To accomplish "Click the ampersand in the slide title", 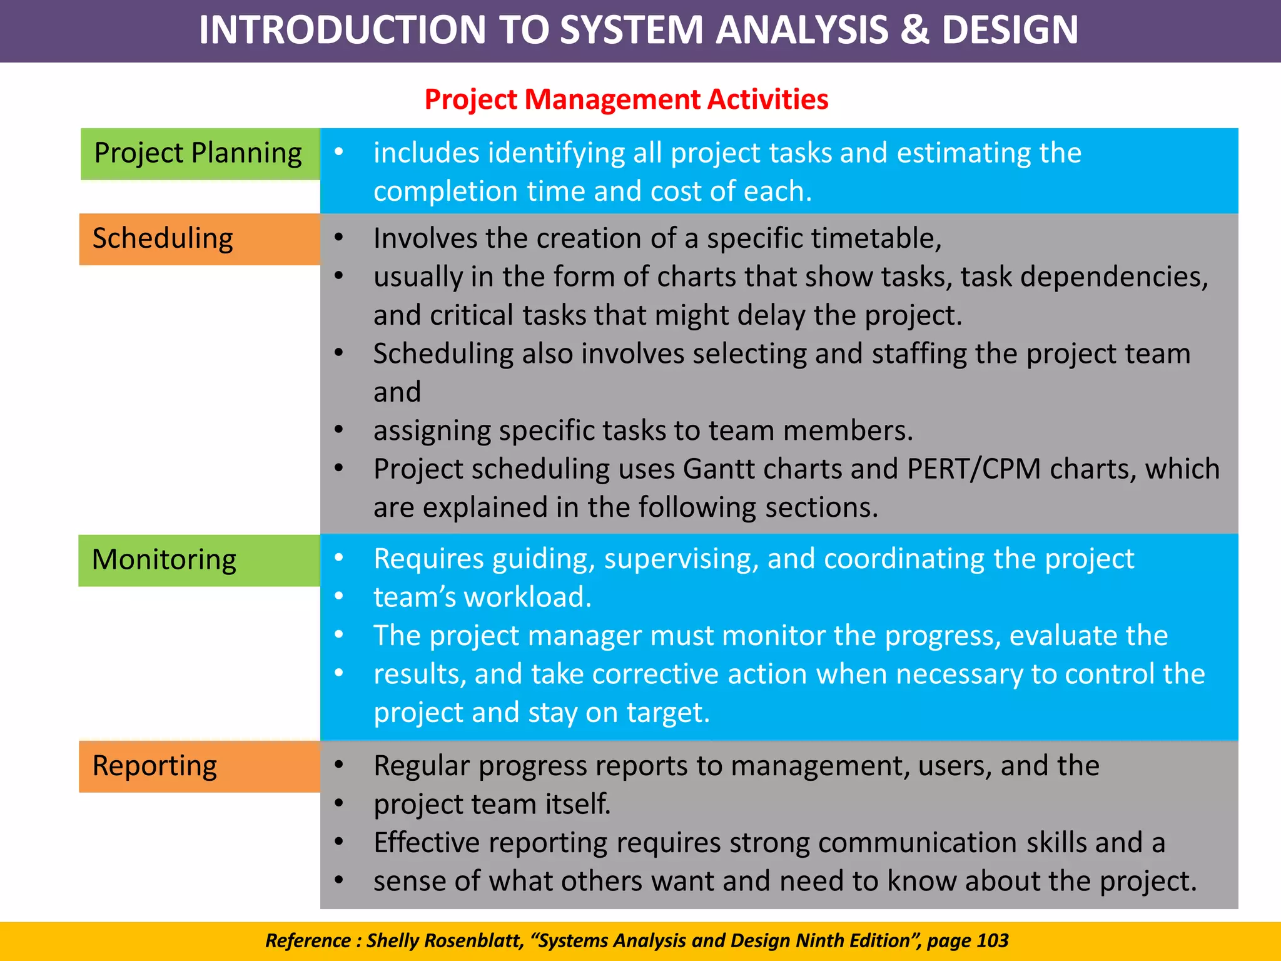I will (x=914, y=30).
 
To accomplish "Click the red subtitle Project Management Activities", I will (x=626, y=99).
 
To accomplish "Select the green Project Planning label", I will (x=200, y=154).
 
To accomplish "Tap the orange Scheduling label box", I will (x=200, y=239).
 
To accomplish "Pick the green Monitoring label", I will (x=199, y=560).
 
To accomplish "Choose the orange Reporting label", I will (x=199, y=766).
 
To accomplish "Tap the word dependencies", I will (x=1114, y=277).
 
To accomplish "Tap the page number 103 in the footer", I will (x=993, y=940).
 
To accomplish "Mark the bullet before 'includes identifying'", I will (x=338, y=151).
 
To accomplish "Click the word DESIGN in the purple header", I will (x=1010, y=30).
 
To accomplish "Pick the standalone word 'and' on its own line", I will (x=397, y=392).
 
